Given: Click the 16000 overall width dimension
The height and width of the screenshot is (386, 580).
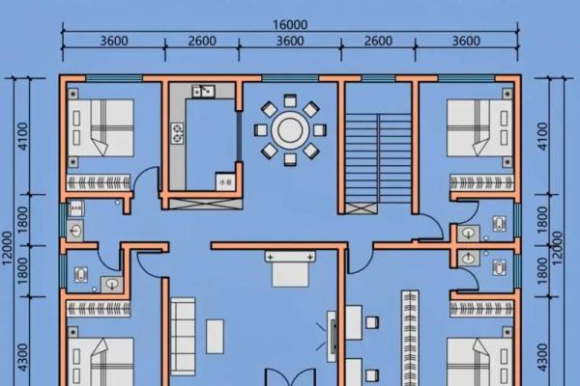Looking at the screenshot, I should click(x=290, y=25).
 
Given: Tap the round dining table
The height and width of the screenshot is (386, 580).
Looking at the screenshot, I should click(x=290, y=128).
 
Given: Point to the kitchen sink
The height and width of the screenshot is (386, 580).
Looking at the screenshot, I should click(x=203, y=92).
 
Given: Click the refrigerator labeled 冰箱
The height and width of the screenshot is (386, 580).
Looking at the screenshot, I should click(x=224, y=180).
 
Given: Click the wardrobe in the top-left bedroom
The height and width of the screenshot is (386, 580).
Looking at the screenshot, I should click(x=101, y=181).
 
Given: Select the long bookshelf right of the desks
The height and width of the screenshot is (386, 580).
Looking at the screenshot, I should click(x=409, y=338).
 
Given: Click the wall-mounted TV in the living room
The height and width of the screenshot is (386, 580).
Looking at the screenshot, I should click(x=332, y=338).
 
